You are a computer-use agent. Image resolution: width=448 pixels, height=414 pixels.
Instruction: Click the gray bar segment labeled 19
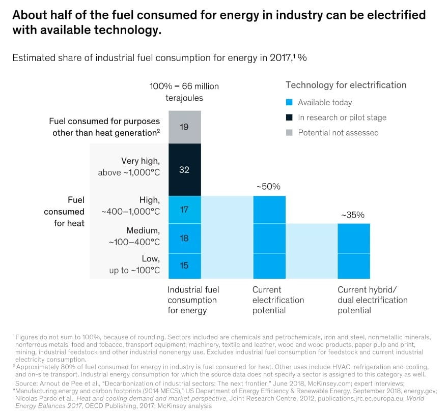[x=184, y=127]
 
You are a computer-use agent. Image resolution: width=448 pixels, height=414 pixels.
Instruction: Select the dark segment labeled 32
[x=184, y=170]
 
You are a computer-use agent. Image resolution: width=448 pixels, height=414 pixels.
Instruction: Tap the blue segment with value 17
[x=184, y=209]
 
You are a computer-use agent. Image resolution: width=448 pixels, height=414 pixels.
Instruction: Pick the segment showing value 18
[x=184, y=239]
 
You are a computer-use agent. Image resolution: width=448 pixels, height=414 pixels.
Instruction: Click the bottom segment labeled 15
[x=184, y=265]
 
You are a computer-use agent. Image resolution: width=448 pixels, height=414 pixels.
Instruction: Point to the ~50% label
[x=268, y=187]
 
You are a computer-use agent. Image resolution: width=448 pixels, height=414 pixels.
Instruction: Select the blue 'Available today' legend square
[x=289, y=103]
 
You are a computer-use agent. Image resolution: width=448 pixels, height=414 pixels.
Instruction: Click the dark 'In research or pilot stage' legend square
[x=289, y=117]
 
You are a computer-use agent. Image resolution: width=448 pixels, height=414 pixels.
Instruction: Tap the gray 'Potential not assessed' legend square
[x=289, y=133]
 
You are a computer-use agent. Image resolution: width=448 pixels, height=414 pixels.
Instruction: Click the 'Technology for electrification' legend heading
[x=346, y=85]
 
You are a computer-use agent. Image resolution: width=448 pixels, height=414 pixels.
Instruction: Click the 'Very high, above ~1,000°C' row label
[x=129, y=167]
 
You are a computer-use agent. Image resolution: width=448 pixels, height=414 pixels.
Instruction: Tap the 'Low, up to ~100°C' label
[x=134, y=264]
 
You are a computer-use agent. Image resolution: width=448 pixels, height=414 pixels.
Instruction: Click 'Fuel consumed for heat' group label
[x=64, y=211]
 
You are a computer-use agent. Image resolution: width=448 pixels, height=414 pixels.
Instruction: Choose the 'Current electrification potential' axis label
[x=278, y=300]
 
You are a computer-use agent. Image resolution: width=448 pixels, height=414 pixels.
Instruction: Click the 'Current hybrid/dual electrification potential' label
[x=372, y=300]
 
